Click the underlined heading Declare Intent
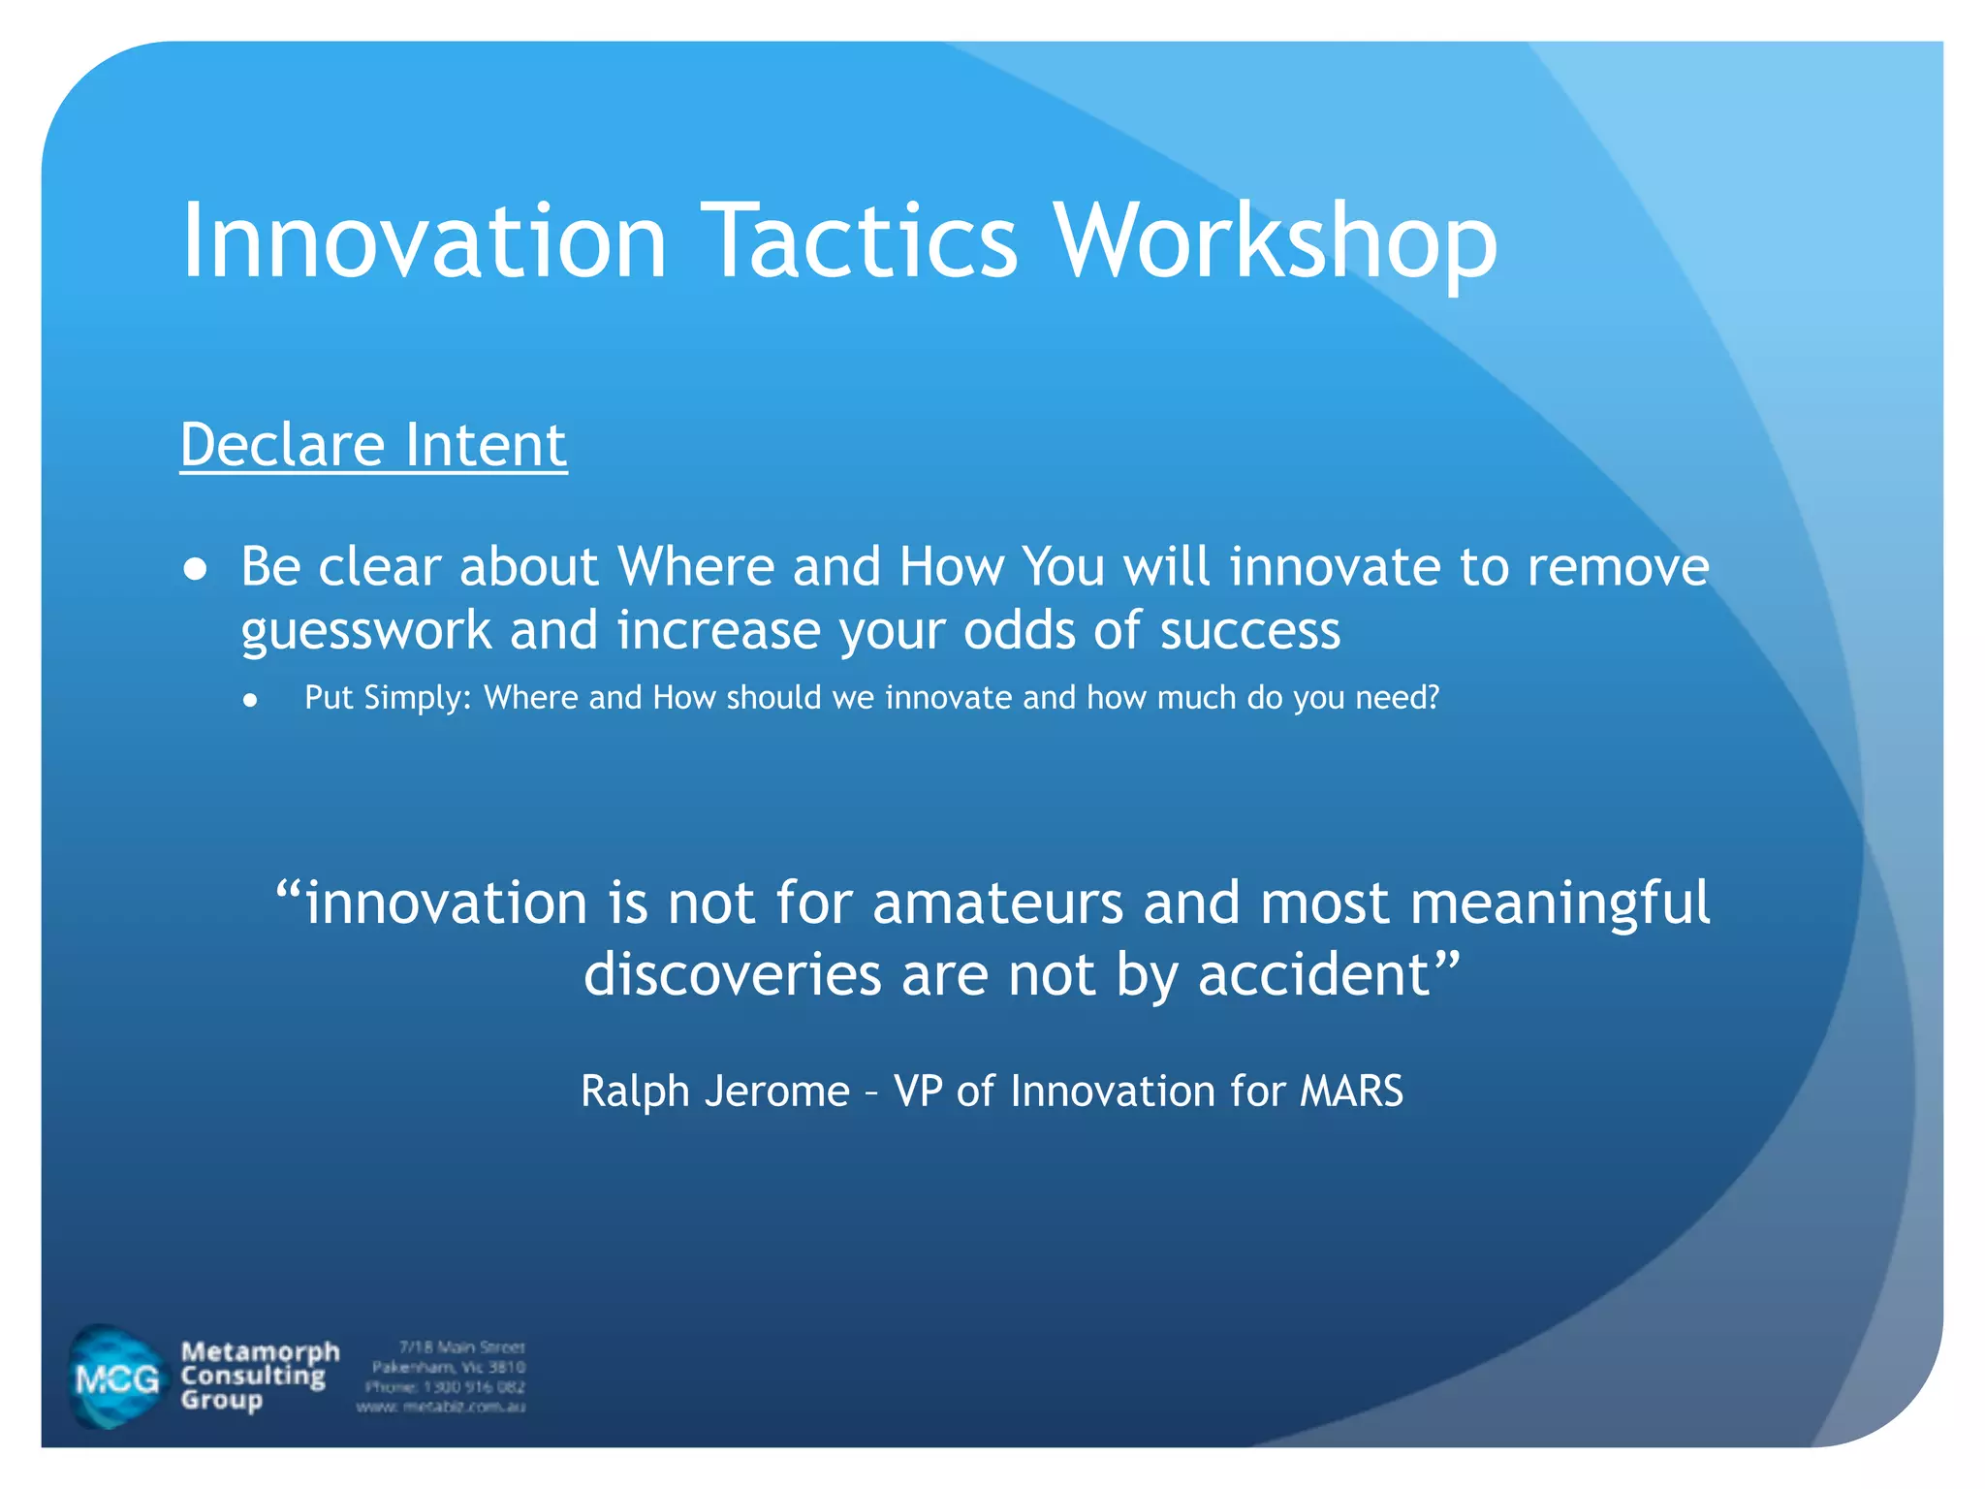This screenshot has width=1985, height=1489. pos(373,445)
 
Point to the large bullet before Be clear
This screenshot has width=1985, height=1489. pos(196,569)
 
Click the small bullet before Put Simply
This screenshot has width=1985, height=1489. pos(251,700)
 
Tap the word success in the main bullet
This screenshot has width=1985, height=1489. pos(1249,630)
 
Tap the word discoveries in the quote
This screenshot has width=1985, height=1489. pos(732,973)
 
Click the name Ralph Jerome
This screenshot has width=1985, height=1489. pos(715,1092)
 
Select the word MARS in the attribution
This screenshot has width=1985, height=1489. pos(1351,1092)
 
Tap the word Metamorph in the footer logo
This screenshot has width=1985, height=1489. pos(260,1351)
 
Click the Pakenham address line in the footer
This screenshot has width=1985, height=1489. pos(449,1367)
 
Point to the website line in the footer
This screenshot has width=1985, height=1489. pos(441,1407)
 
